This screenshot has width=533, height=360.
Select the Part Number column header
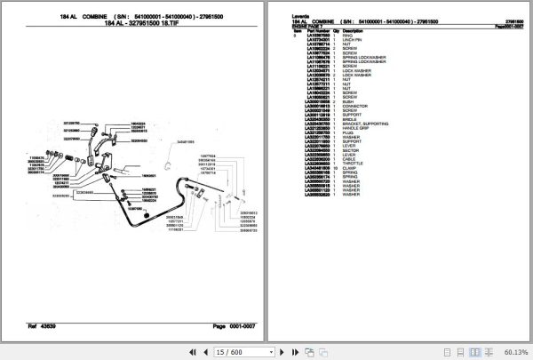coord(319,29)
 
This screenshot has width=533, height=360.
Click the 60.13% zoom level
coord(514,351)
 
